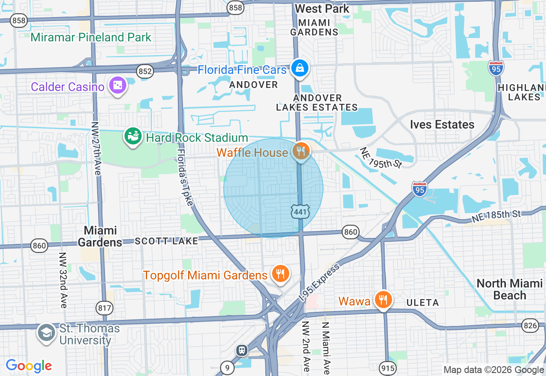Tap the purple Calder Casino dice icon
(x=117, y=86)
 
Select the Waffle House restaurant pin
(x=301, y=151)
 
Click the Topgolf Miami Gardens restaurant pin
(x=280, y=274)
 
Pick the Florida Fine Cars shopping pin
(x=300, y=68)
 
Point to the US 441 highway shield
(x=301, y=211)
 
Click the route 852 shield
(x=145, y=71)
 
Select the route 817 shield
(x=105, y=307)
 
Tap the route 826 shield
(x=530, y=326)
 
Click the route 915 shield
(x=388, y=367)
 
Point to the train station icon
(x=242, y=350)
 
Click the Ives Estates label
(x=442, y=125)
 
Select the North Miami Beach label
(x=509, y=289)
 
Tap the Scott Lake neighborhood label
(x=166, y=241)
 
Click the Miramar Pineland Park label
(x=91, y=37)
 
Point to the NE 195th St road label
(x=381, y=158)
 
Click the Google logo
(x=29, y=366)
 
